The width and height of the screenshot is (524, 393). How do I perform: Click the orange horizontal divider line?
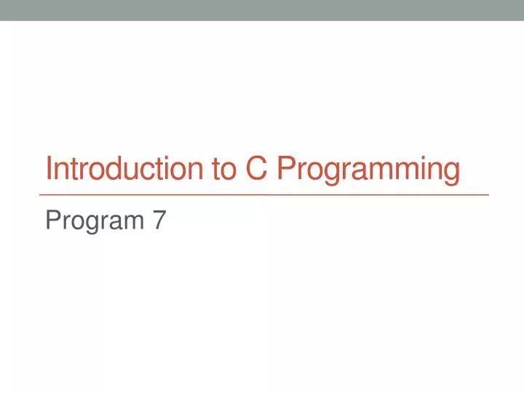tap(263, 195)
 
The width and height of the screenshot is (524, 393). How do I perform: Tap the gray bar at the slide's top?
tap(262, 10)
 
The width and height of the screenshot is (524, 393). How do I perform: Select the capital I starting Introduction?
tap(49, 170)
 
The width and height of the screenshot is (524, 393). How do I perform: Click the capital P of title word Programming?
tap(285, 170)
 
